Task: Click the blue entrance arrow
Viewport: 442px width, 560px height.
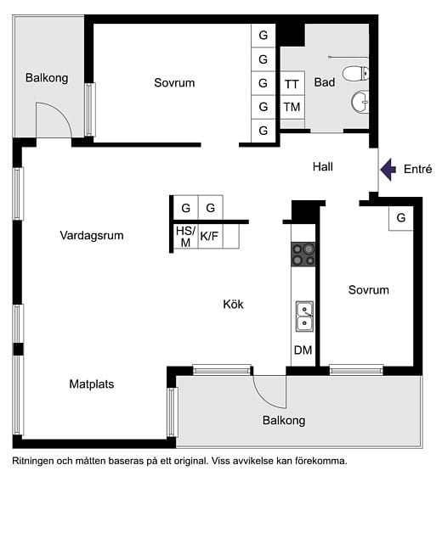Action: pyautogui.click(x=388, y=170)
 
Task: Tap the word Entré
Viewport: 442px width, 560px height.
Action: pyautogui.click(x=417, y=169)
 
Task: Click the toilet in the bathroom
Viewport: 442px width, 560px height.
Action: pyautogui.click(x=356, y=74)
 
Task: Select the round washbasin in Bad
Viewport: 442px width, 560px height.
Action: pyautogui.click(x=360, y=102)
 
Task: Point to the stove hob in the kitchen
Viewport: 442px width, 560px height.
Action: pyautogui.click(x=303, y=255)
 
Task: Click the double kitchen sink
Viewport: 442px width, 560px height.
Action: pyautogui.click(x=304, y=316)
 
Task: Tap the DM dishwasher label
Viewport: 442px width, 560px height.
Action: pyautogui.click(x=303, y=350)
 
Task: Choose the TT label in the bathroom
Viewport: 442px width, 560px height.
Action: pyautogui.click(x=292, y=84)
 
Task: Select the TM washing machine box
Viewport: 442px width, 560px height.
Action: pyautogui.click(x=292, y=107)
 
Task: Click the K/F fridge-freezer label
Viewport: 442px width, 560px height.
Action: pyautogui.click(x=209, y=236)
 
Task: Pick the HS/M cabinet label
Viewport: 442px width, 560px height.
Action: pyautogui.click(x=185, y=237)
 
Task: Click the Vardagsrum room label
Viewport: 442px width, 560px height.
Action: pyautogui.click(x=92, y=235)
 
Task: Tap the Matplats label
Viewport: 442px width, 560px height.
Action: pyautogui.click(x=92, y=384)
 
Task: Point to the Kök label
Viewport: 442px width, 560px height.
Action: pyautogui.click(x=233, y=305)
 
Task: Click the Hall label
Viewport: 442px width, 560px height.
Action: pyautogui.click(x=323, y=167)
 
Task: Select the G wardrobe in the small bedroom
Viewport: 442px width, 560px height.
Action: pyautogui.click(x=401, y=217)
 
